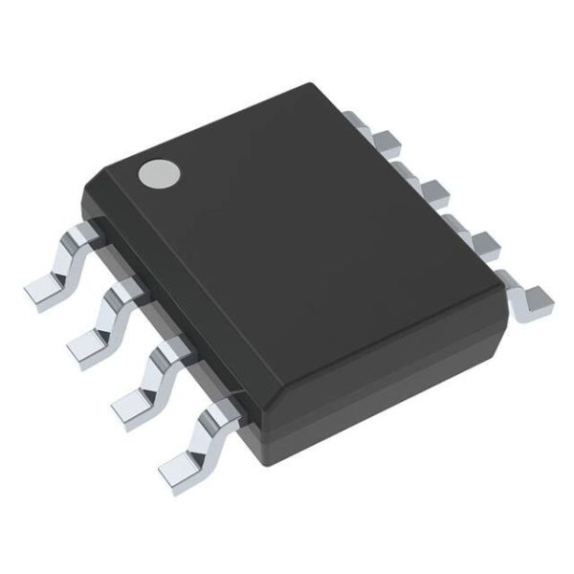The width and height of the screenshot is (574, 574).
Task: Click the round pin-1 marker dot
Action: pyautogui.click(x=159, y=172)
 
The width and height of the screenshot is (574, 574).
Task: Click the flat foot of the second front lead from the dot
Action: pyautogui.click(x=88, y=341)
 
